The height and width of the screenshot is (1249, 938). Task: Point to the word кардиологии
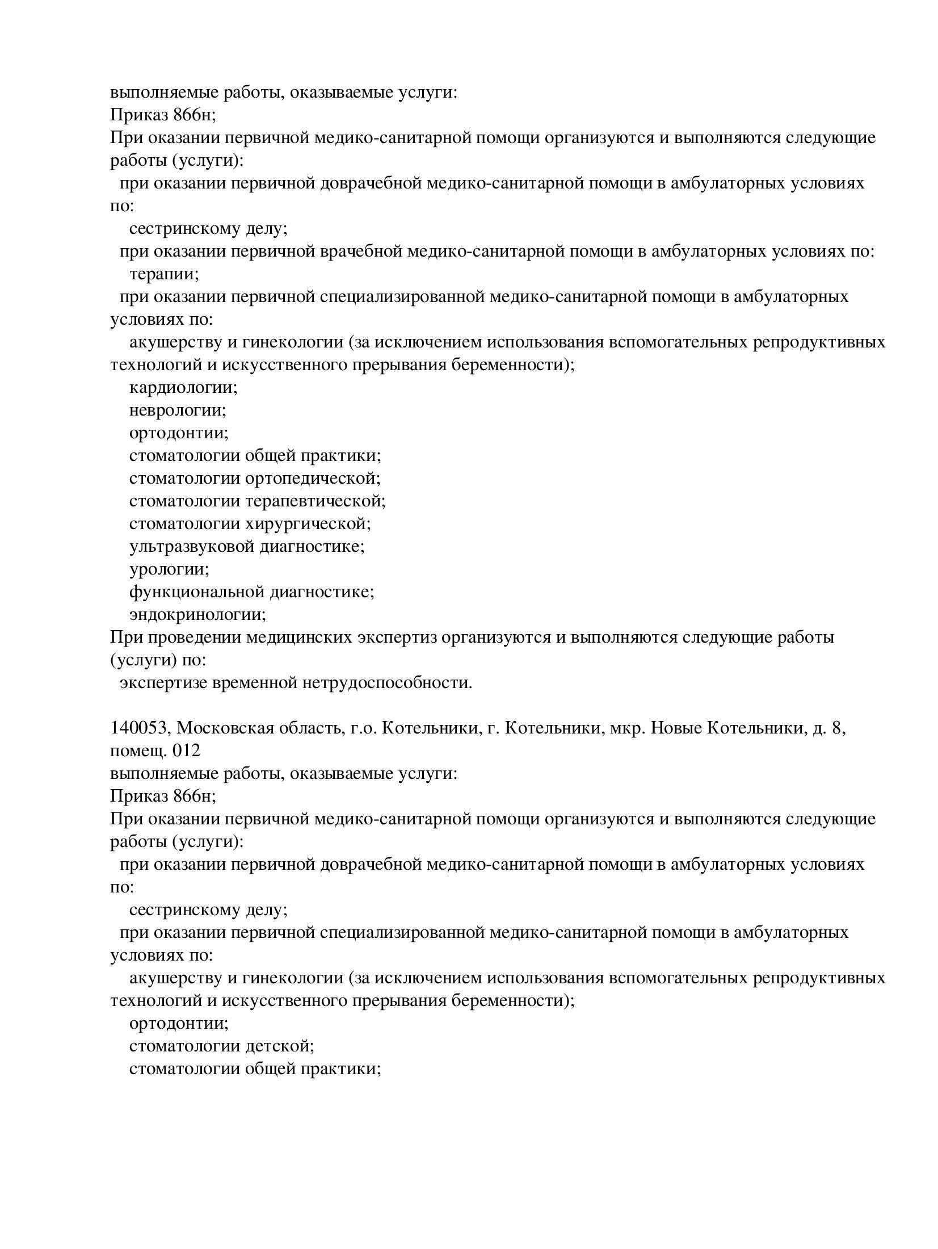coord(183,388)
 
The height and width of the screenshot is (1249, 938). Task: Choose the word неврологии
coord(177,410)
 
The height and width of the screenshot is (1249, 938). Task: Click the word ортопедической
coord(313,478)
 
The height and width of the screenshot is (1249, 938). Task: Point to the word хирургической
coord(308,523)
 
